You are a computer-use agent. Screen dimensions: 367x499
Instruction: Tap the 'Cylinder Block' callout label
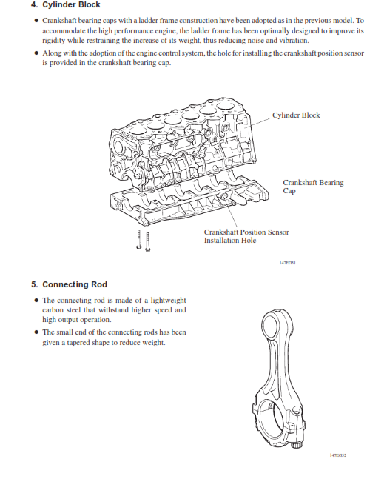coord(296,115)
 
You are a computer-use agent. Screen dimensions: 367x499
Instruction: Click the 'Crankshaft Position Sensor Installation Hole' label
coord(246,236)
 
